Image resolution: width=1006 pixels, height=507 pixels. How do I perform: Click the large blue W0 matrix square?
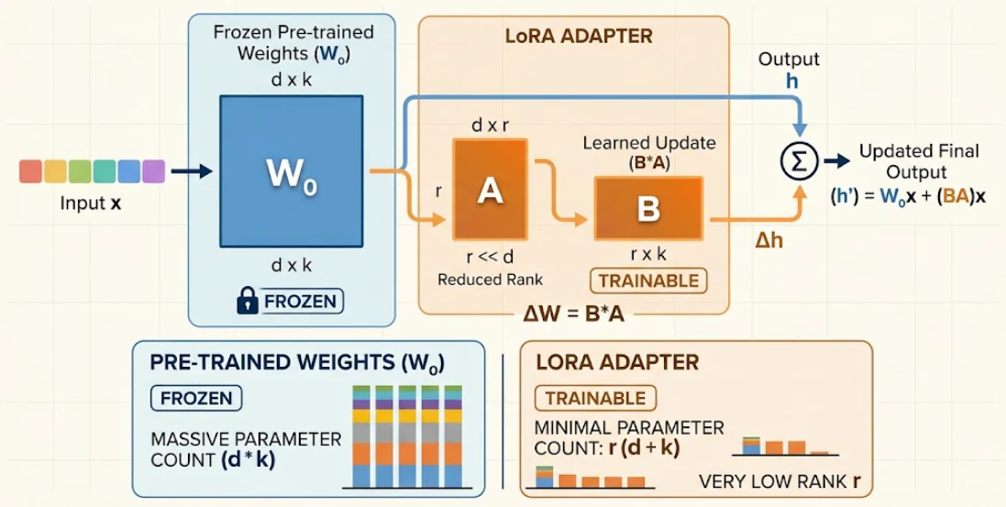pos(292,171)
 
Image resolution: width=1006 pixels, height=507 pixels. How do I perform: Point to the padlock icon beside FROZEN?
pos(247,301)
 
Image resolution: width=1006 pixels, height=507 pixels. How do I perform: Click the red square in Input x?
pos(31,171)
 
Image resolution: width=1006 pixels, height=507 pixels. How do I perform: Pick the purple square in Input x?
pos(153,171)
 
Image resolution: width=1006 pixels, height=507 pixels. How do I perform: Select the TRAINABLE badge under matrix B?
pos(647,281)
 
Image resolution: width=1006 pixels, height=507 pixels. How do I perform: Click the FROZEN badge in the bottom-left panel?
pos(195,398)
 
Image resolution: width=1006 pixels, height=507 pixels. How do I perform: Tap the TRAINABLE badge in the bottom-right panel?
pos(595,398)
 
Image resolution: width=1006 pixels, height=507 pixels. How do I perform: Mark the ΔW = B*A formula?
pos(573,315)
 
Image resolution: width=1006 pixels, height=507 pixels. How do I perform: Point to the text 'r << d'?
pos(490,258)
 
